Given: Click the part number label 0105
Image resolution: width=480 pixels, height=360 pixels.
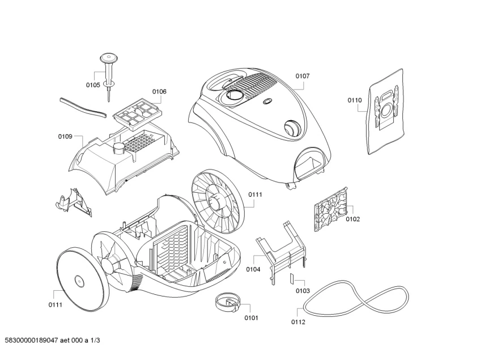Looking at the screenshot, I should point(93,85).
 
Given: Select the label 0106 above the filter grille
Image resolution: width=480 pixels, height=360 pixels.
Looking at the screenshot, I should point(159,91).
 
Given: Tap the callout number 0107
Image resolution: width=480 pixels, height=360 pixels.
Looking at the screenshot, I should point(302,75).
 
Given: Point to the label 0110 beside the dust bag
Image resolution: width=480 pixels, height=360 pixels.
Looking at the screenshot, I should point(354,100).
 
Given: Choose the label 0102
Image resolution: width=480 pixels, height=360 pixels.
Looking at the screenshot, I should point(352,219).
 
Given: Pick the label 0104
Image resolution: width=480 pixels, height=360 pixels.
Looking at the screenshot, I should point(253,269).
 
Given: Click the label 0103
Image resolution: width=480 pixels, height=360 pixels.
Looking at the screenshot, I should point(303,290).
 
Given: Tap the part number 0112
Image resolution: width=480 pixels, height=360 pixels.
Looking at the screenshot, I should point(298,322).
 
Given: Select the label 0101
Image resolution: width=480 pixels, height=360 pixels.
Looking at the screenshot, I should point(251,317).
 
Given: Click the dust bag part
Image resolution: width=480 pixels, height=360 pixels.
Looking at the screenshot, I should point(386,111).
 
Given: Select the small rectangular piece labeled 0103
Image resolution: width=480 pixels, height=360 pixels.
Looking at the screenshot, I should point(291,278).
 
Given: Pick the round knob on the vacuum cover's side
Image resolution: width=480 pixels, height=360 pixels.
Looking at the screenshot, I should point(291,128).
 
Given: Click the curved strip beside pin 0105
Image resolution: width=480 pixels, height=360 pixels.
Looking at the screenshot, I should point(82,106).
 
